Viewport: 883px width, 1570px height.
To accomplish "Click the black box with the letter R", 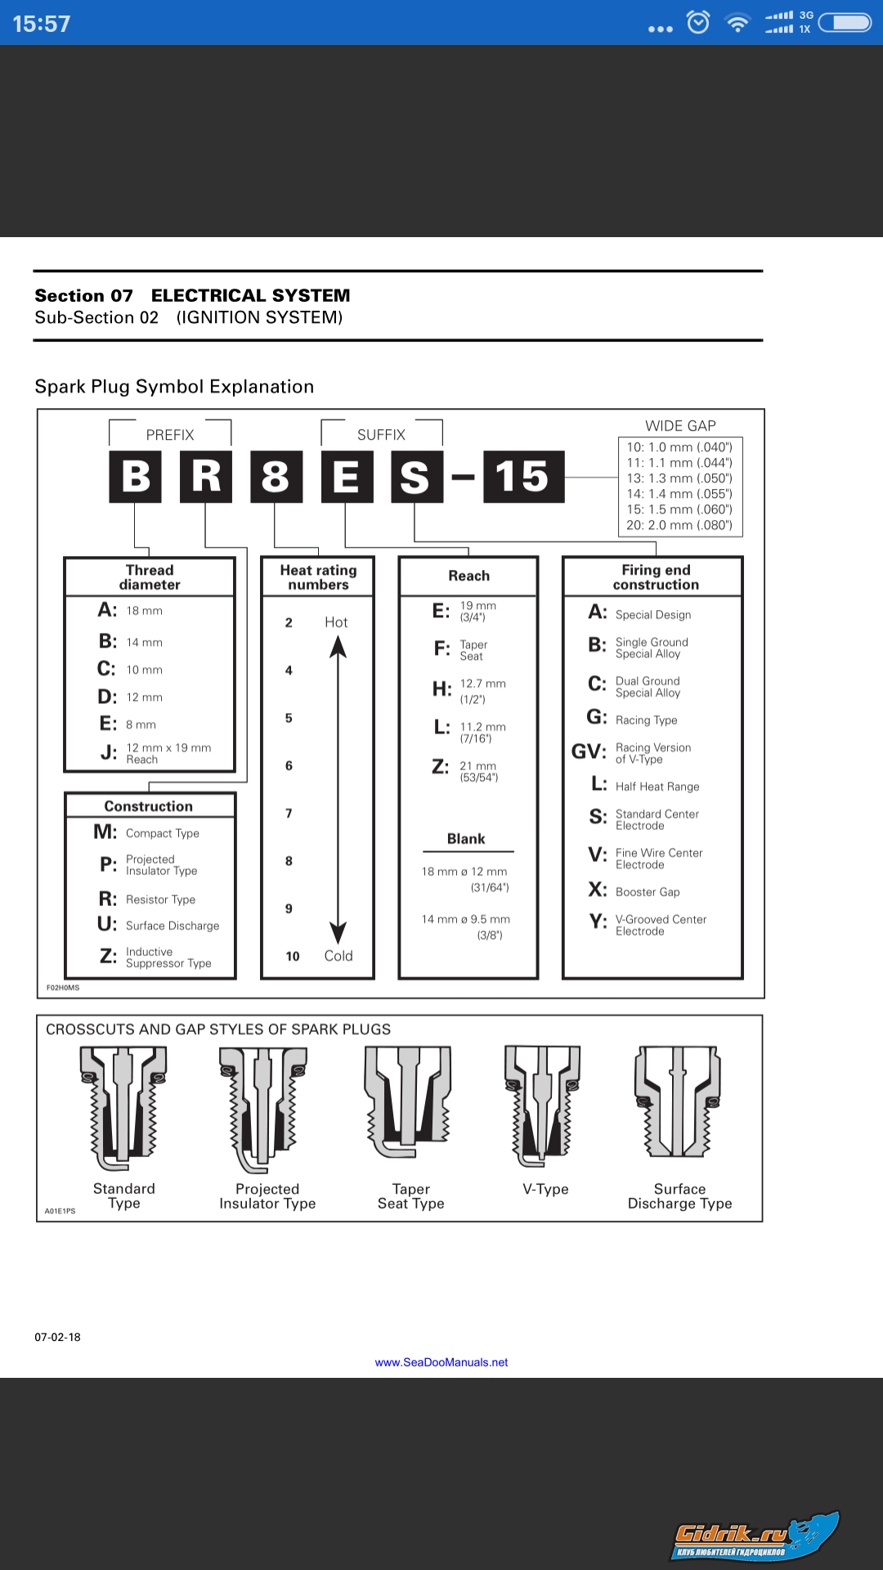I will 206,477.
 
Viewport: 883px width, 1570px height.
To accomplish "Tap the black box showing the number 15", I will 523,477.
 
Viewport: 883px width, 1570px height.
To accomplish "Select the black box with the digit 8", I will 276,477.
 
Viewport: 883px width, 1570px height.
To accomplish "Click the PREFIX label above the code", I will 170,435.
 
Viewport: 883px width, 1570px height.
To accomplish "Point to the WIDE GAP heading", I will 680,426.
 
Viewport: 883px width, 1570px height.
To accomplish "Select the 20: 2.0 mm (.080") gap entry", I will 679,525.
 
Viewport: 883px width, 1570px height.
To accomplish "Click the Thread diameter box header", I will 150,577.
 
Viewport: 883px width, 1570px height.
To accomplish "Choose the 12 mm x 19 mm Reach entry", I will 168,753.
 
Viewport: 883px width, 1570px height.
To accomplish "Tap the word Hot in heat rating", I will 336,622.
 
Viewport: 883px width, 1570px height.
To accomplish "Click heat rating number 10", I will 293,956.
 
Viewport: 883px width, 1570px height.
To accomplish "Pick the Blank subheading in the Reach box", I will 466,839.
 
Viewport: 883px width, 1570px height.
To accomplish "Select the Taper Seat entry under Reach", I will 473,650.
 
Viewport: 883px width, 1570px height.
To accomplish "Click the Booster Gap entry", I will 647,892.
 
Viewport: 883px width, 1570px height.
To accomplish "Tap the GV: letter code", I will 588,751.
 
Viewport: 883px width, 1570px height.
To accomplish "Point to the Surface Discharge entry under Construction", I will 172,926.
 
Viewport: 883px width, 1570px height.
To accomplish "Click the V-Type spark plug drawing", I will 543,1106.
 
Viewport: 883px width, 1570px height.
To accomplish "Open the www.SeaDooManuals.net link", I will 441,1362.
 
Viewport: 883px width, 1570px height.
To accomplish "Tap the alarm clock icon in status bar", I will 698,22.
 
